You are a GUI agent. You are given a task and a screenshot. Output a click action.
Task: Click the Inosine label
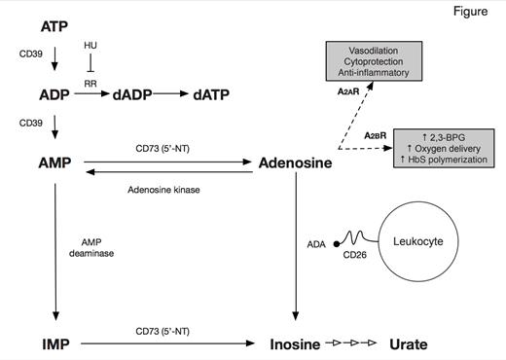(297, 344)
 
